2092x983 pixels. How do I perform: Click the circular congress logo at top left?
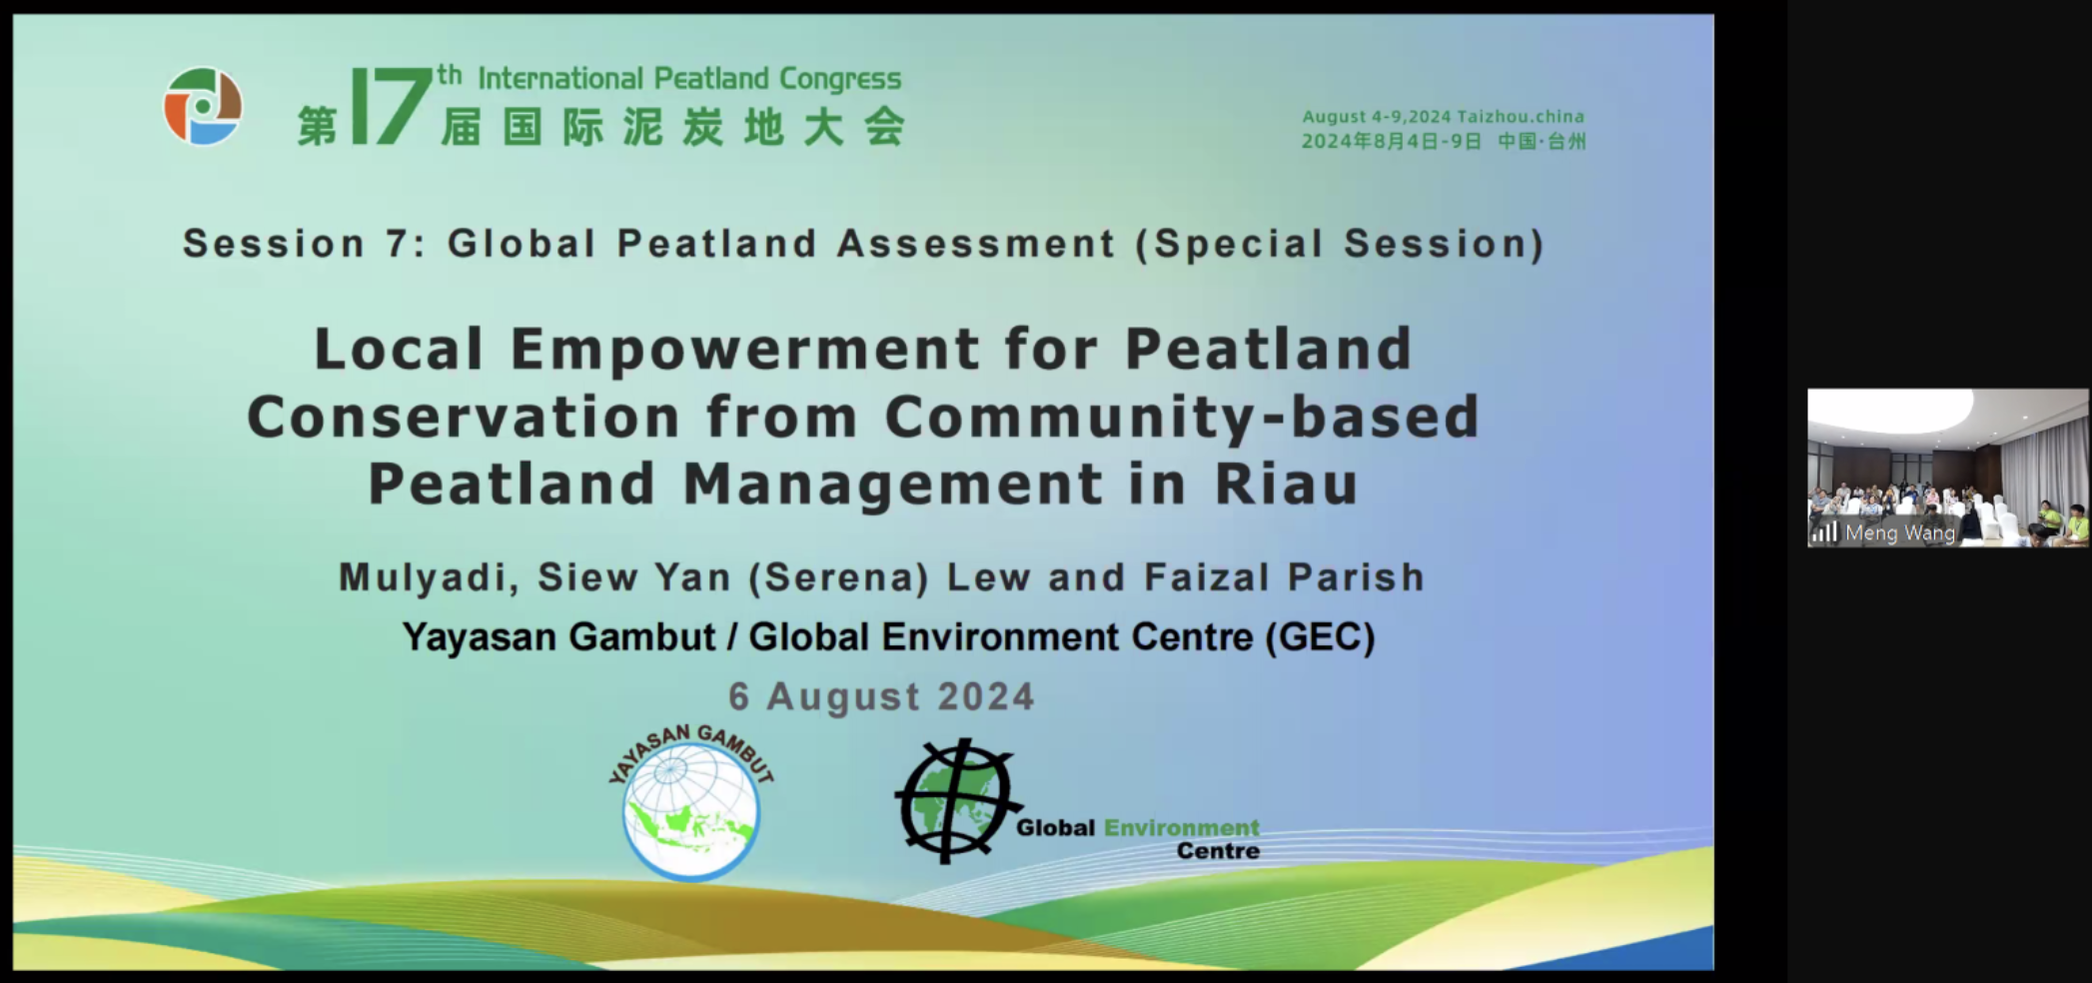(203, 106)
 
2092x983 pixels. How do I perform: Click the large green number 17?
(392, 106)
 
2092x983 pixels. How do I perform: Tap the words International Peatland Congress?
(689, 78)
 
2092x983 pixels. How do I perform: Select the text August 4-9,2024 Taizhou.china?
(1443, 117)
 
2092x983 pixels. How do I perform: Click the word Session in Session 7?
(274, 244)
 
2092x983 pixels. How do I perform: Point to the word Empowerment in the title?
(745, 350)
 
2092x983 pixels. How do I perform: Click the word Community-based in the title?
(1182, 418)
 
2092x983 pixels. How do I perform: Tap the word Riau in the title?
(1287, 485)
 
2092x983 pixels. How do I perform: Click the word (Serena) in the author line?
(839, 578)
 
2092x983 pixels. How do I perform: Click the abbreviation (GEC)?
(1320, 637)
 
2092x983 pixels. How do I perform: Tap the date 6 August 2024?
(881, 697)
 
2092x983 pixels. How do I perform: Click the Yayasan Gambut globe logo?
(691, 803)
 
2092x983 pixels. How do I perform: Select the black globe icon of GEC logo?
(956, 800)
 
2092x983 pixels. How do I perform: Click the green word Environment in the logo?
(1181, 828)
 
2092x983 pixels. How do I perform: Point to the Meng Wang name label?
(1900, 533)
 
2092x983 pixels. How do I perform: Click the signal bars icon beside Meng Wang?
(1824, 532)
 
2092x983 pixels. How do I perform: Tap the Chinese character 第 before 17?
(318, 127)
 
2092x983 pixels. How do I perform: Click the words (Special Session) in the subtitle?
(1340, 244)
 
